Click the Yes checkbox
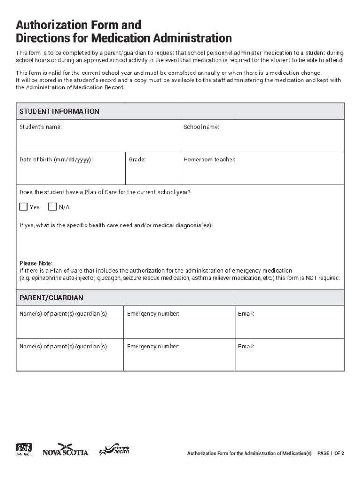[23, 207]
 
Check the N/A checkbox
[52, 207]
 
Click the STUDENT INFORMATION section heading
[59, 111]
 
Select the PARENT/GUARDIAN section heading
[51, 298]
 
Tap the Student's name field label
[40, 127]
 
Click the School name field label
[201, 127]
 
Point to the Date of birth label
[56, 160]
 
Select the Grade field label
[137, 160]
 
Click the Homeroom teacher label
[209, 160]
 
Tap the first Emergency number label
[153, 314]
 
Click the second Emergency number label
[153, 347]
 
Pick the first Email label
[246, 314]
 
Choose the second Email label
[246, 347]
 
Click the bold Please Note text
[36, 263]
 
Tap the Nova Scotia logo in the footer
[65, 450]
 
